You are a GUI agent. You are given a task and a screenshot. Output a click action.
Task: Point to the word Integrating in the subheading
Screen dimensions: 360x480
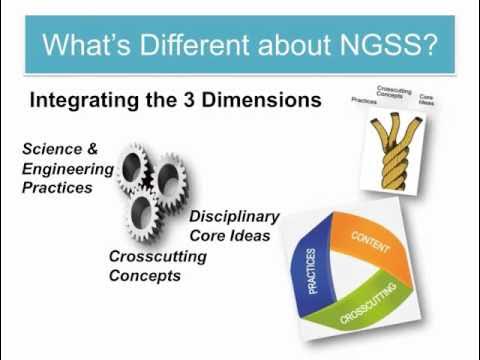click(89, 101)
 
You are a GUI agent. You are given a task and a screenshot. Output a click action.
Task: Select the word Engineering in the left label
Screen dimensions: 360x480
click(61, 168)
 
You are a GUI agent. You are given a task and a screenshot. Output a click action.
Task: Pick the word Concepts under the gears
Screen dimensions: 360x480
click(146, 275)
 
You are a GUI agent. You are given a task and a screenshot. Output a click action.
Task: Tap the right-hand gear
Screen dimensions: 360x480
click(169, 179)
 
